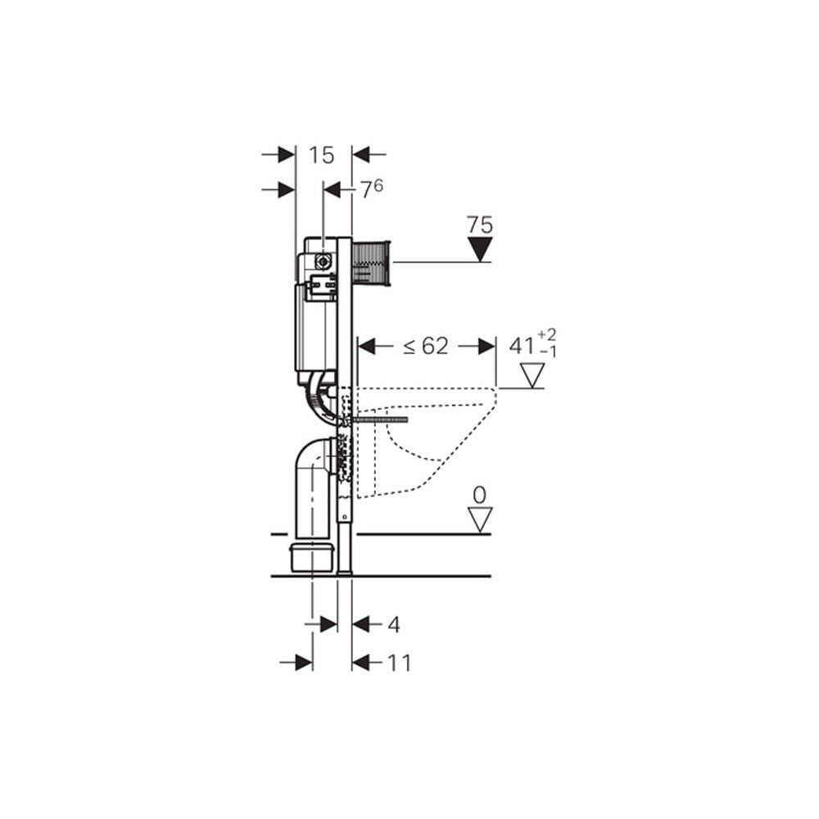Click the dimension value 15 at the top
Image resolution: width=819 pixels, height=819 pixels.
coord(323,154)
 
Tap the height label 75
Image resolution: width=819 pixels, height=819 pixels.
coord(480,224)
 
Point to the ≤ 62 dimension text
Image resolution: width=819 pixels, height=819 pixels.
coord(425,346)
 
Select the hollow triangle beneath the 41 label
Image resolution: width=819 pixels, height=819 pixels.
coord(533,376)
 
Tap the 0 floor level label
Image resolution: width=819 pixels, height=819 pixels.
coord(480,495)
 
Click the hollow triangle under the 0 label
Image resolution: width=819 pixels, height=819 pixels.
coord(480,518)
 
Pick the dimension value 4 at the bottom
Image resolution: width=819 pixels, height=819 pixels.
coord(393,624)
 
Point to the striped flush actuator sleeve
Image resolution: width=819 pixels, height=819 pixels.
coord(373,263)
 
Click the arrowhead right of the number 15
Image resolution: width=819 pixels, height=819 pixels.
coord(361,154)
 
